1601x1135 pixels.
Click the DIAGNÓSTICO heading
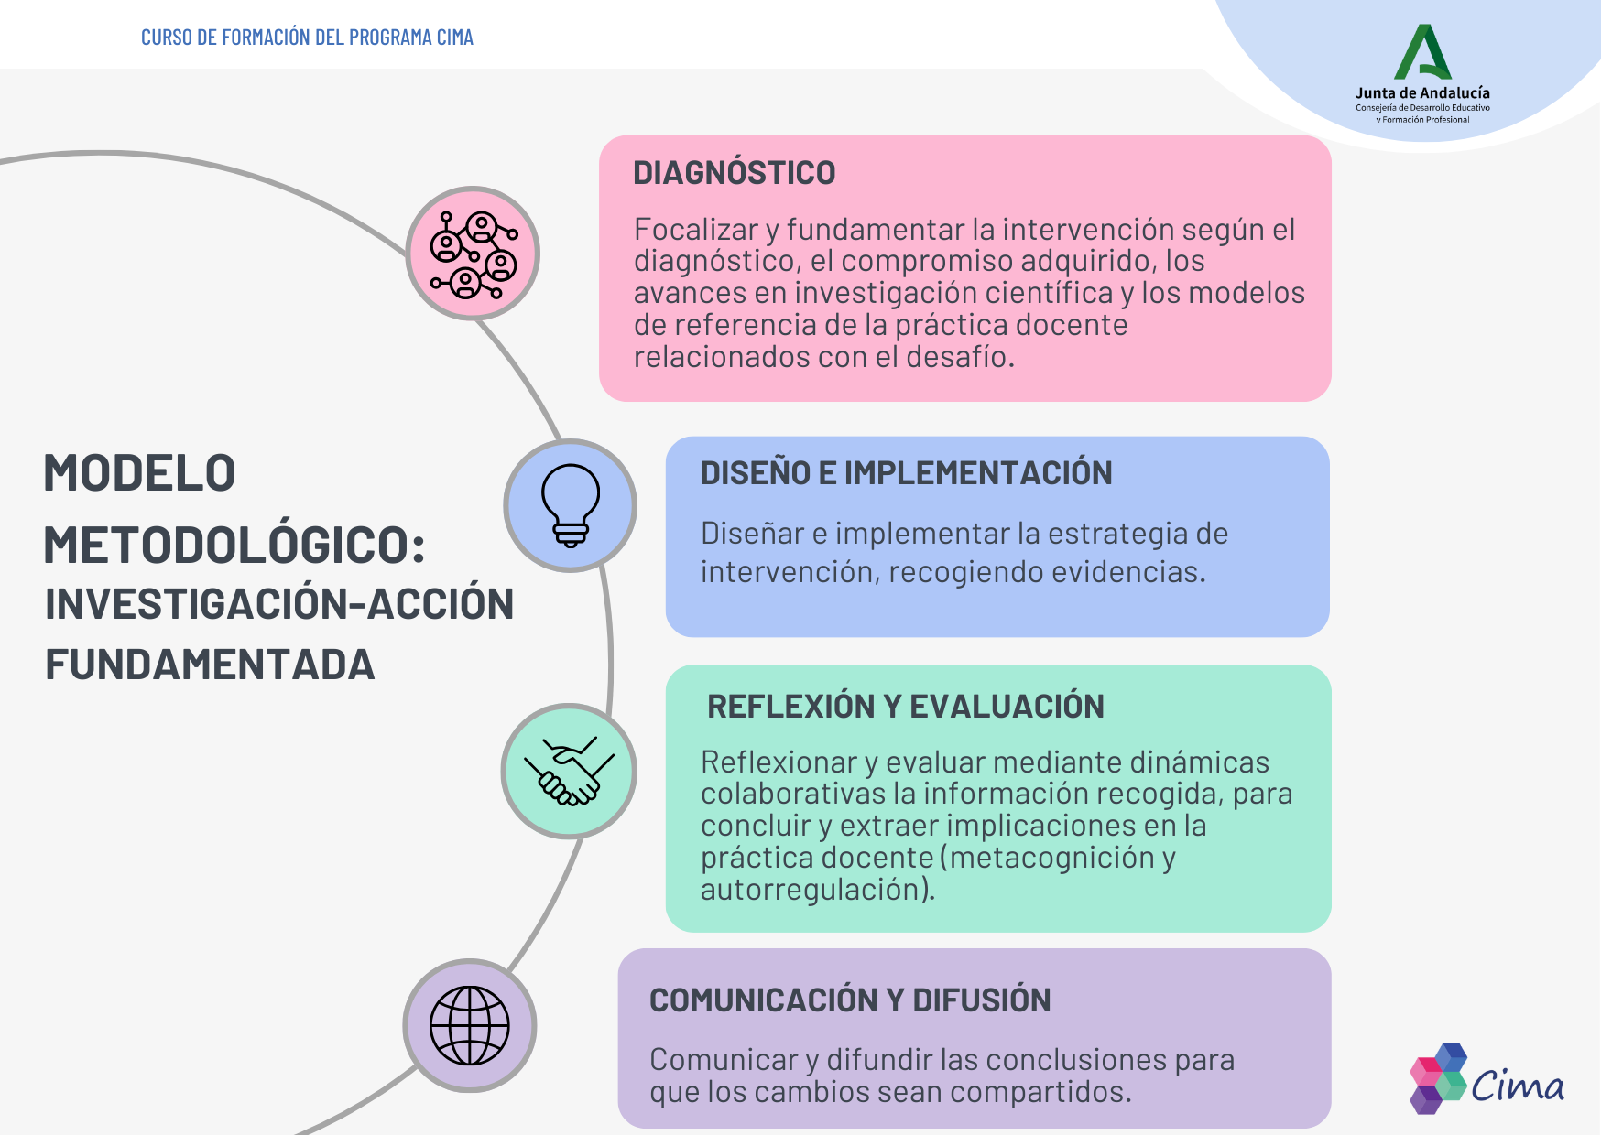click(734, 173)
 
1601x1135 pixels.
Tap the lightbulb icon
click(570, 505)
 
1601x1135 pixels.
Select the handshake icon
click(569, 771)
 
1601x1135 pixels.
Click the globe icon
click(470, 1025)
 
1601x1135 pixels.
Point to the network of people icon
click(473, 254)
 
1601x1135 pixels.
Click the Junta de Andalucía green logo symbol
click(1422, 52)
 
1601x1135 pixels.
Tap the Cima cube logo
click(1439, 1078)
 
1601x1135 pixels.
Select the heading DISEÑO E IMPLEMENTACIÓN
click(906, 473)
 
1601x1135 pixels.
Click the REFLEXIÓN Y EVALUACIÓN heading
click(905, 707)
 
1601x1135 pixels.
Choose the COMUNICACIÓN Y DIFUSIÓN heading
click(849, 1000)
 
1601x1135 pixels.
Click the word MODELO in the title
click(139, 473)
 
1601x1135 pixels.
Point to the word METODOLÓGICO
click(234, 546)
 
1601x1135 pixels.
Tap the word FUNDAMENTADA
click(210, 665)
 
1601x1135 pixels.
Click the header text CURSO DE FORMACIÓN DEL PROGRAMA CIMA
click(307, 38)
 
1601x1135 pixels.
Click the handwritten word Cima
click(1518, 1086)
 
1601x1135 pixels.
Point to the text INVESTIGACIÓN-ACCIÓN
click(279, 604)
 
